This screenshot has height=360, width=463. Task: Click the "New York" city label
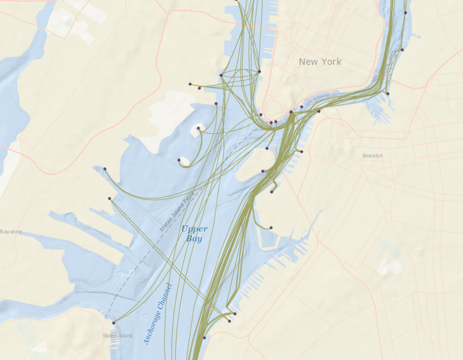pyautogui.click(x=320, y=62)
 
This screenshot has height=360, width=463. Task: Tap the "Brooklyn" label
pyautogui.click(x=372, y=156)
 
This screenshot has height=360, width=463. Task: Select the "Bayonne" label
pyautogui.click(x=11, y=232)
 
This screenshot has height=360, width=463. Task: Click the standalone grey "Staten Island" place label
pyautogui.click(x=118, y=336)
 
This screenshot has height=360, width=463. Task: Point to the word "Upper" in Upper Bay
pyautogui.click(x=194, y=229)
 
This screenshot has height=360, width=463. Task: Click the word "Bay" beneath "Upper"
pyautogui.click(x=194, y=239)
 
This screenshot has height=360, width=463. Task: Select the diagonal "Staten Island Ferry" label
pyautogui.click(x=176, y=214)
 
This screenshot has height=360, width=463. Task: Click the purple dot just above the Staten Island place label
pyautogui.click(x=113, y=323)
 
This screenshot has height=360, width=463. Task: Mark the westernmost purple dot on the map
pyautogui.click(x=105, y=169)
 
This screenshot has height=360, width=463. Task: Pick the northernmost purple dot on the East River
pyautogui.click(x=406, y=13)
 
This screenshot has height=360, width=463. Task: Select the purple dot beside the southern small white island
pyautogui.click(x=179, y=160)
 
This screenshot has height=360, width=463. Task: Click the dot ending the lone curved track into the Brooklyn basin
pyautogui.click(x=271, y=228)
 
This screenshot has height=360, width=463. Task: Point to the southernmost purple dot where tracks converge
pyautogui.click(x=204, y=338)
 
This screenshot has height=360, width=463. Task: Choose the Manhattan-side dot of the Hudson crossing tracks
pyautogui.click(x=259, y=71)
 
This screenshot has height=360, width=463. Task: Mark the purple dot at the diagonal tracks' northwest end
pyautogui.click(x=109, y=199)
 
